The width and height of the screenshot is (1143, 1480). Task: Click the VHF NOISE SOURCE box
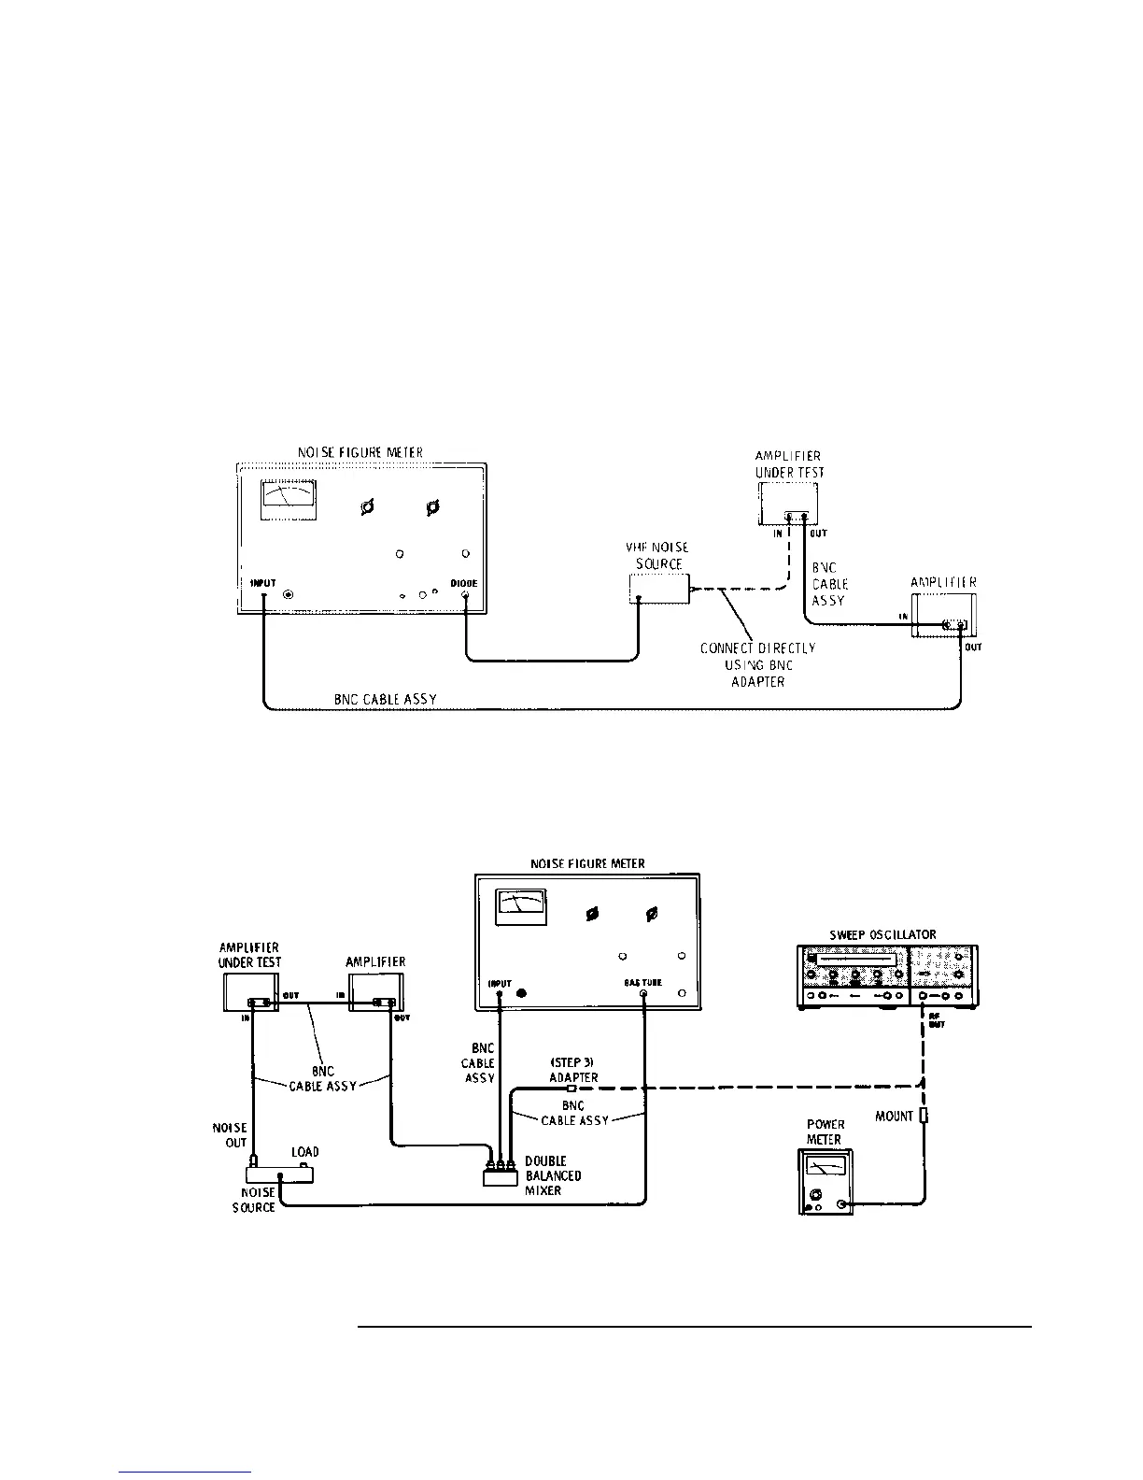(658, 589)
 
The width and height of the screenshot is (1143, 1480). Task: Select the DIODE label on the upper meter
(464, 583)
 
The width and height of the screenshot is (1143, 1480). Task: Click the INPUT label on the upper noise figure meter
(263, 583)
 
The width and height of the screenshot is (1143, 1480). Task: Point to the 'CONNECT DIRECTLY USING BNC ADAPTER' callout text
(757, 664)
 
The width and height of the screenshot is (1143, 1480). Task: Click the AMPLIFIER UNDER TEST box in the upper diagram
(788, 507)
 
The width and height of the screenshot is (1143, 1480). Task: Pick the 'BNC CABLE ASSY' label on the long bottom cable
(386, 699)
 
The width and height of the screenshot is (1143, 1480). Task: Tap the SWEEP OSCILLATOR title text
(882, 934)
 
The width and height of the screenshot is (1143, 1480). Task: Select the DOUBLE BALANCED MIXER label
(553, 1175)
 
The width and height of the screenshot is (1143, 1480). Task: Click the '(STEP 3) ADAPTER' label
(572, 1070)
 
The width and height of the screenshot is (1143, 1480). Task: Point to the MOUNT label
(894, 1116)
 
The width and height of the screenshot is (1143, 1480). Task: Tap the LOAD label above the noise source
(305, 1152)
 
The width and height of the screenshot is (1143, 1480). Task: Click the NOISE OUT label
(230, 1135)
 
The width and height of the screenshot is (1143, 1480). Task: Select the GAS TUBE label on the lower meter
(643, 982)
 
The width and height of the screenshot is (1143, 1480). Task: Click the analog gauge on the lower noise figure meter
(521, 905)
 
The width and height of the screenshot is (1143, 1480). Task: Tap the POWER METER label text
(825, 1131)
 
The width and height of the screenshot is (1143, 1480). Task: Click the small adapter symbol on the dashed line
(572, 1087)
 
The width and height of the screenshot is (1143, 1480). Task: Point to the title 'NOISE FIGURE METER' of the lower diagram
(587, 863)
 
